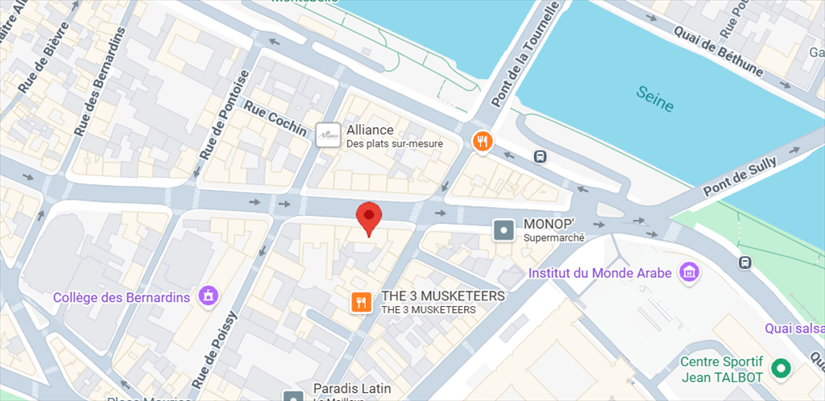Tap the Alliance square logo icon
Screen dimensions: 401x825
click(328, 135)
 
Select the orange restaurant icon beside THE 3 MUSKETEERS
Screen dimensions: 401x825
click(361, 302)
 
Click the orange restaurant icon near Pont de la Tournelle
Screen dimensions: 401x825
click(482, 142)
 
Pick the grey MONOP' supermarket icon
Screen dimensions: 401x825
click(504, 230)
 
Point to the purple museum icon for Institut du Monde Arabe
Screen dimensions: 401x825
click(689, 272)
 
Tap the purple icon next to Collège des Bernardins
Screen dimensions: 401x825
click(209, 296)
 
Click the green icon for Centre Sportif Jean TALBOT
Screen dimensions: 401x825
click(780, 369)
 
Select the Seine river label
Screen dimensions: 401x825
click(654, 100)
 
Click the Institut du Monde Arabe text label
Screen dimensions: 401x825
click(599, 273)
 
